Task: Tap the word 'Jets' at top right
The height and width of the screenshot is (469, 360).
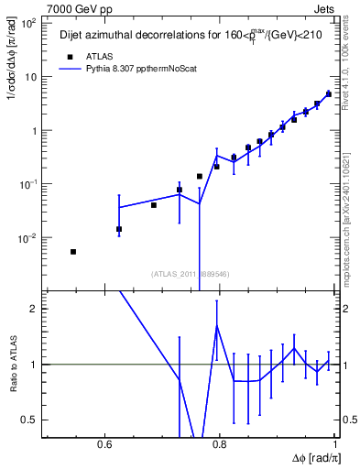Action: click(326, 8)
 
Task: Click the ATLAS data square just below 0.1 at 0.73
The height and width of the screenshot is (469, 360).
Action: click(180, 190)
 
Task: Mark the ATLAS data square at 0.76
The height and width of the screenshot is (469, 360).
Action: click(199, 176)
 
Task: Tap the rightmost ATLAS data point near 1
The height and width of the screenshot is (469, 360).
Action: click(329, 94)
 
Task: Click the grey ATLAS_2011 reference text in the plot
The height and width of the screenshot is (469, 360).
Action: click(189, 273)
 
